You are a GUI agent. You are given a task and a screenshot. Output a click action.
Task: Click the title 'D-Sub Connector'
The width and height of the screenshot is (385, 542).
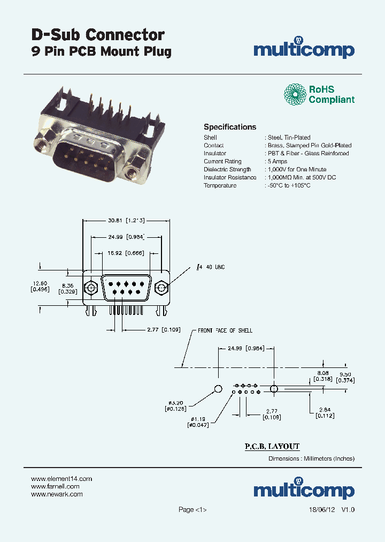click(x=97, y=35)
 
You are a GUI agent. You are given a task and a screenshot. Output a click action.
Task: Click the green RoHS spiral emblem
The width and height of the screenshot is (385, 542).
click(x=295, y=94)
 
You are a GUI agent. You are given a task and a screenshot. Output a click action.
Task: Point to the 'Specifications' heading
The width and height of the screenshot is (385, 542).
click(x=230, y=127)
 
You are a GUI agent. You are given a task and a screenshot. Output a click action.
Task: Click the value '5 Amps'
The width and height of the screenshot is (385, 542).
click(x=278, y=161)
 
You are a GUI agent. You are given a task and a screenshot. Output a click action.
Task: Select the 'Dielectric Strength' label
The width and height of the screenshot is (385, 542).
click(x=227, y=169)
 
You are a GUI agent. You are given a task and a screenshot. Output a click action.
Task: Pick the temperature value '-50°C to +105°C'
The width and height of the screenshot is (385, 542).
click(x=289, y=185)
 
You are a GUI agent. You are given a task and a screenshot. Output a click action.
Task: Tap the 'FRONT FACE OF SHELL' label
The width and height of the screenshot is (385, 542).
click(x=225, y=330)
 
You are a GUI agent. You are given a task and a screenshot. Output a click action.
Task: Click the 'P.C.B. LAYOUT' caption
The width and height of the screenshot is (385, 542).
click(x=272, y=446)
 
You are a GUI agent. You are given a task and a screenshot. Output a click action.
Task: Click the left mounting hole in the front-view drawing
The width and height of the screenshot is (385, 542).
click(x=91, y=289)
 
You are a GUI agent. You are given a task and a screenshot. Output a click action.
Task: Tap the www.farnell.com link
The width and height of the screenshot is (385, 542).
click(x=55, y=486)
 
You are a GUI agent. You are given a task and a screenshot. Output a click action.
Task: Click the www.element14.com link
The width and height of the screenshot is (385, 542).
click(x=61, y=478)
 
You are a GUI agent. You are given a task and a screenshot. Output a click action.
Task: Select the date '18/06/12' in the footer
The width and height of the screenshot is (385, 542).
click(x=322, y=510)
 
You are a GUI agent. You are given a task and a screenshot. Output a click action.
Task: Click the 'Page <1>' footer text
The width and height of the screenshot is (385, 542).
click(x=192, y=510)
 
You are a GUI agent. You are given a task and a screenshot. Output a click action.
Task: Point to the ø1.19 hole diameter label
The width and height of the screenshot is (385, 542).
click(x=198, y=418)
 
